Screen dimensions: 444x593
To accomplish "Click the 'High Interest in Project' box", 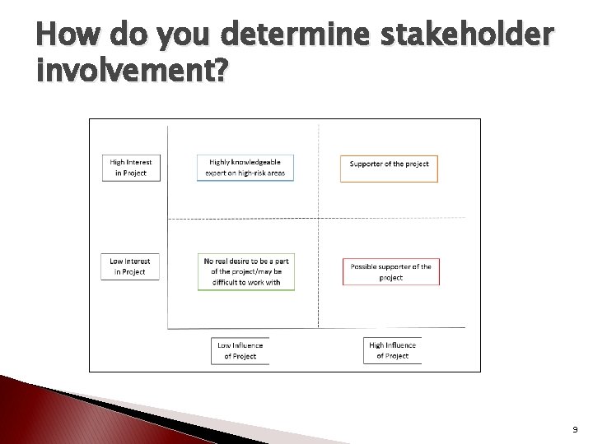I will coord(130,168).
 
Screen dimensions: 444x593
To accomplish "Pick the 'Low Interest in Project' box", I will coord(130,266).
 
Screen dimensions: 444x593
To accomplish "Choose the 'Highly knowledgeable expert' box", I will coord(245,168).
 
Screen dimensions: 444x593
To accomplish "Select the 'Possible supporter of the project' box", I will coord(390,271).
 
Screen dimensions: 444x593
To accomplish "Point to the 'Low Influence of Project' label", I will coord(240,350).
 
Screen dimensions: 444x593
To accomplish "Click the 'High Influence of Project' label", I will coord(392,350).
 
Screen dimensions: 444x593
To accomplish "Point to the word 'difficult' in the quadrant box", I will coord(224,282).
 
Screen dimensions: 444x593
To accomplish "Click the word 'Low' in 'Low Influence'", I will coord(225,345).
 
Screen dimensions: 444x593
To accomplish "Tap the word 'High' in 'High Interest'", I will coord(119,163).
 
